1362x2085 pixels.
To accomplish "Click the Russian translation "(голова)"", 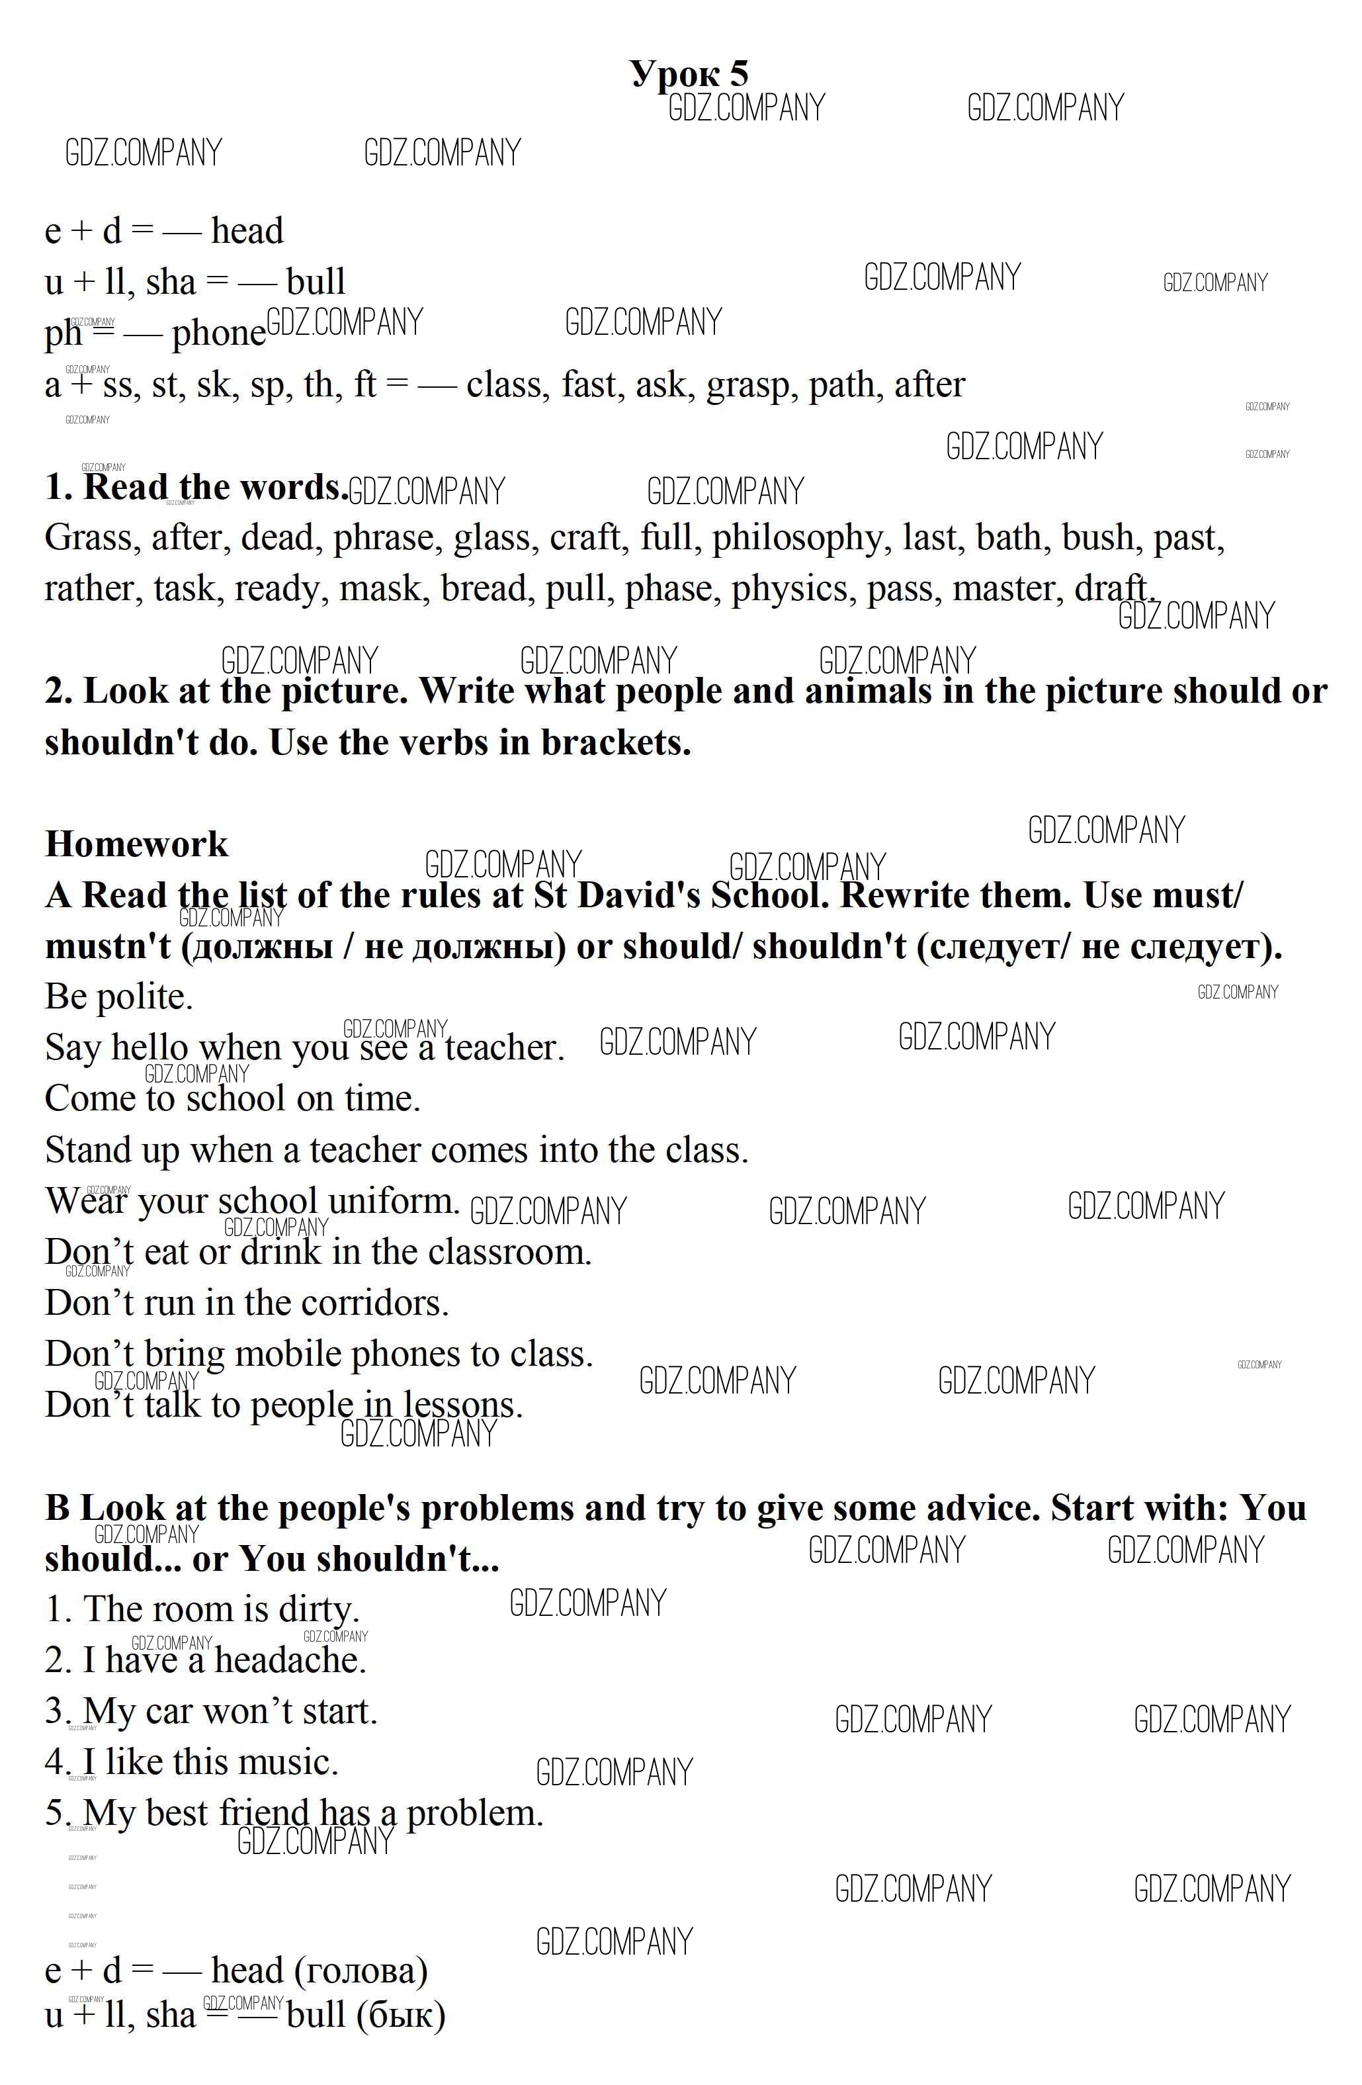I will (362, 1971).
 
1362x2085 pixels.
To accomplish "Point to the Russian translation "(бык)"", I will (401, 2015).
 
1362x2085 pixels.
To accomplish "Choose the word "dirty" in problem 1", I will (318, 1609).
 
